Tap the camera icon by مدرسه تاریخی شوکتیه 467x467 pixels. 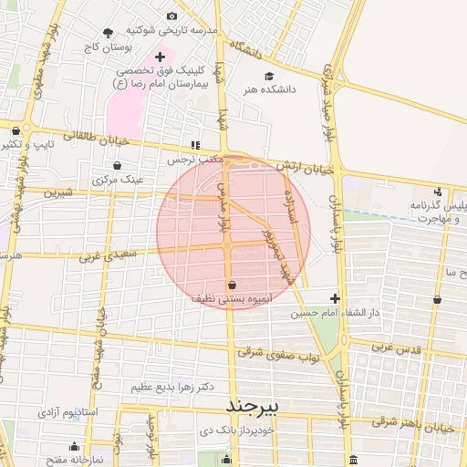172,16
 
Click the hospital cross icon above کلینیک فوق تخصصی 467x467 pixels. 160,57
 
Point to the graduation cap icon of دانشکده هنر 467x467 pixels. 268,76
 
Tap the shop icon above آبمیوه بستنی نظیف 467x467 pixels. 231,284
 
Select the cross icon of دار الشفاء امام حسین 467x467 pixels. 335,298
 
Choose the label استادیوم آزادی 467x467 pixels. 67,413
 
